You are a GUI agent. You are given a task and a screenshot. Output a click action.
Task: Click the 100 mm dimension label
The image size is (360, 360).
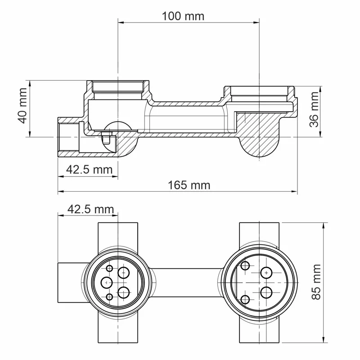[x=183, y=16]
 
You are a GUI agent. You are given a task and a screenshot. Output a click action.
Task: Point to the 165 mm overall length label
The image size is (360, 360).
[x=189, y=185]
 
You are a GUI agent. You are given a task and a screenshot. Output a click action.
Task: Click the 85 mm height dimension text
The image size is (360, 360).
[x=317, y=283]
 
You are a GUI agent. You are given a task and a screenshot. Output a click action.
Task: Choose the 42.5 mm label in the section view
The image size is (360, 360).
[x=89, y=170]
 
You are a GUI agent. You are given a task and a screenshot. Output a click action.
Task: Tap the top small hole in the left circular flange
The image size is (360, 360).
[x=109, y=268]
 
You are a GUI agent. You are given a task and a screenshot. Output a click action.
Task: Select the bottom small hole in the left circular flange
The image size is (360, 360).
[x=109, y=297]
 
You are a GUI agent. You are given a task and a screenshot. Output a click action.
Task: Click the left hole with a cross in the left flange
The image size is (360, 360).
[x=106, y=283]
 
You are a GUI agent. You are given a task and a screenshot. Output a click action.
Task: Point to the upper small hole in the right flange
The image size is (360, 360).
[x=245, y=265]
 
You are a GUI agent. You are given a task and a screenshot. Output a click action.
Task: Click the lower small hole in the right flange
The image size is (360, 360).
[x=245, y=299]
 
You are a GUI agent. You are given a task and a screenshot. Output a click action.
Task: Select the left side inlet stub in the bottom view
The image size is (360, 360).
[x=70, y=283]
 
